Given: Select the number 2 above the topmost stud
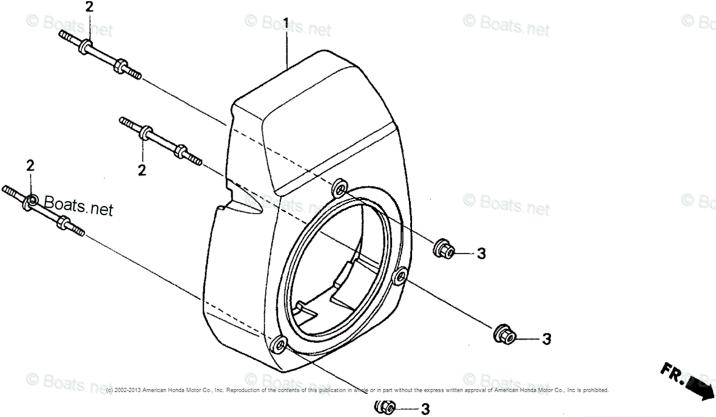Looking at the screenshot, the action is (x=89, y=7).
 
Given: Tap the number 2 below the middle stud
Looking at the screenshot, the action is (x=141, y=170).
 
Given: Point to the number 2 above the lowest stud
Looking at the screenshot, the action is (x=30, y=165).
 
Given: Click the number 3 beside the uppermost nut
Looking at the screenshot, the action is (x=481, y=253).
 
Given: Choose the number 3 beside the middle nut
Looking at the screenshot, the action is (x=545, y=339).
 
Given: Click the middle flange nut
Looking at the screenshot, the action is (x=504, y=333).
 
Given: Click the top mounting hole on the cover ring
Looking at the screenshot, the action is (x=340, y=187).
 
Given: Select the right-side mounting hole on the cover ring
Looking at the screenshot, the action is (x=399, y=277).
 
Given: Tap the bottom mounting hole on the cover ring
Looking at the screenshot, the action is (x=280, y=344).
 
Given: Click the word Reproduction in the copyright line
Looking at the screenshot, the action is (x=244, y=390).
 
